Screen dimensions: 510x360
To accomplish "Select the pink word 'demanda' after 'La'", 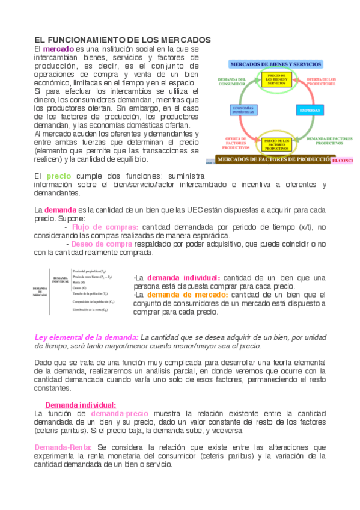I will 61,209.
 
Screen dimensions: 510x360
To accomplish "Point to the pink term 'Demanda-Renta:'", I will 63,447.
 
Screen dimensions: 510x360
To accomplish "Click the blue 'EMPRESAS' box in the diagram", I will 310,111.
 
